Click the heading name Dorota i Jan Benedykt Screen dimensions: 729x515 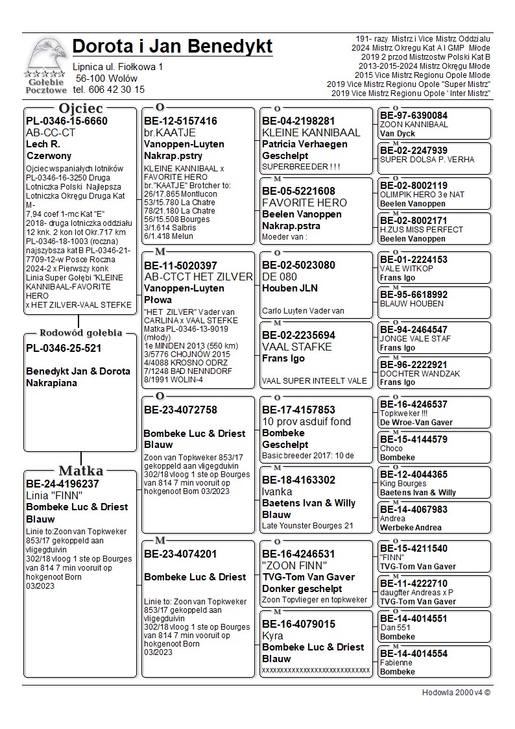172,47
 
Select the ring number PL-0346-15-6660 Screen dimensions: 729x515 67,121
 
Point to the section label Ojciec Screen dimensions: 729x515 80,108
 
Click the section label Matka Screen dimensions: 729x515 80,471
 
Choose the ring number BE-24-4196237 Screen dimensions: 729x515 62,484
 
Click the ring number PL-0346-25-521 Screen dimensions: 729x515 64,349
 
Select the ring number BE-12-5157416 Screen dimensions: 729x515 180,121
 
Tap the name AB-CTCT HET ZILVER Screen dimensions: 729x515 198,277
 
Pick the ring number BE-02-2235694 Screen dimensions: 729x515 298,335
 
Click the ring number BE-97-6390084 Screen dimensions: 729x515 413,116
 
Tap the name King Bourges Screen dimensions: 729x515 403,484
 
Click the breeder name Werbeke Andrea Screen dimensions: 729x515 411,528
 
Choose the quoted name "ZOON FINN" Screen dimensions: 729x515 289,565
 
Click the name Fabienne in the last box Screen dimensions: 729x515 396,663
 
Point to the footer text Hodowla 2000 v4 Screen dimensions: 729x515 456,693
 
